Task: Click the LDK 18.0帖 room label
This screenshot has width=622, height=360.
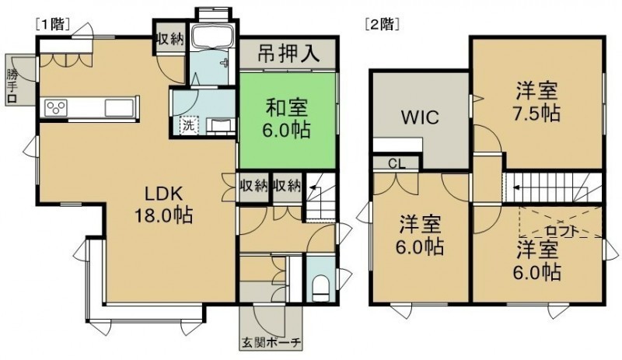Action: coord(163,204)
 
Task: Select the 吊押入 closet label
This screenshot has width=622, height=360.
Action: coord(288,54)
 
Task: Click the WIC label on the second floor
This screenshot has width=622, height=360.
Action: coord(420,117)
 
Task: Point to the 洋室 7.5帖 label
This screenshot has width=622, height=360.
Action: coord(537,102)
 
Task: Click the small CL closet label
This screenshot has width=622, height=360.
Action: coord(397,164)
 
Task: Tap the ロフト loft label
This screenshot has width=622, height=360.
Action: coord(561,231)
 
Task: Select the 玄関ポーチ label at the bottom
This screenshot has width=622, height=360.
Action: coord(271,343)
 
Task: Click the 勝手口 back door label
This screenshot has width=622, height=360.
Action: coord(12,87)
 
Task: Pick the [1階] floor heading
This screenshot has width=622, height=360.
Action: coord(53,25)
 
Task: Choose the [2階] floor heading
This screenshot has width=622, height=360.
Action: coord(382,25)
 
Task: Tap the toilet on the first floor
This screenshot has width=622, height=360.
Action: coord(320,288)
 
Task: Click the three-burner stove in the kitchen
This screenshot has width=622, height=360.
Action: coord(56,108)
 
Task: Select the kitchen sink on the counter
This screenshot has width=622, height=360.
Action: coord(119,107)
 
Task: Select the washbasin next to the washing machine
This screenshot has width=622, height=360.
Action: coord(222,126)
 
